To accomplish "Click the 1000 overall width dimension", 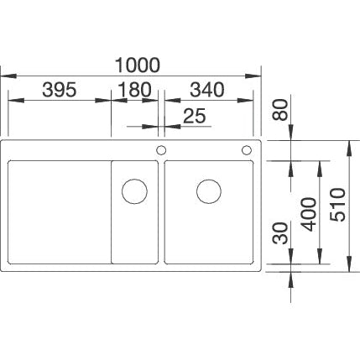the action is [x=138, y=65].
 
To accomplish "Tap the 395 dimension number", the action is [x=60, y=90].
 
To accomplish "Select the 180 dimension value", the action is [x=134, y=90].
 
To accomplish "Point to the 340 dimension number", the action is [x=207, y=90].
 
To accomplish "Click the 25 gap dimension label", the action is [x=195, y=116].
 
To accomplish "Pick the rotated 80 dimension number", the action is [x=280, y=110].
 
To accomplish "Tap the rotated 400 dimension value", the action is [x=309, y=215].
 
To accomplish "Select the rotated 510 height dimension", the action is [x=337, y=205].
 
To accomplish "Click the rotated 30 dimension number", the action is [x=280, y=233].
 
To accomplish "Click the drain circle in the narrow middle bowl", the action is [x=134, y=191].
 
